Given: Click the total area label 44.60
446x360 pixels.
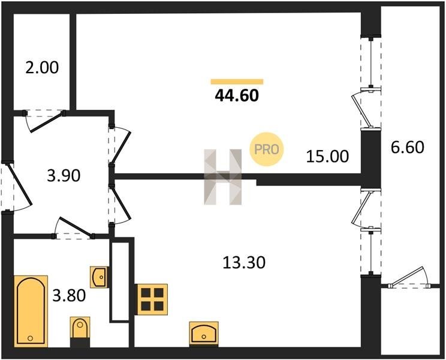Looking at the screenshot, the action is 237,95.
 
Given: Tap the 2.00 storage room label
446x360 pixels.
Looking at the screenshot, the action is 42,68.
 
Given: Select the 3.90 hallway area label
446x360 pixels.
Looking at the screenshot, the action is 64,176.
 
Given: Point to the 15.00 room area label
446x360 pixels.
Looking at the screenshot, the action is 327,157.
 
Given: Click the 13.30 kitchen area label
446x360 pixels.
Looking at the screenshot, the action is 244,262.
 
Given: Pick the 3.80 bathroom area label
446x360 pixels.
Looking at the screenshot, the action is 69,295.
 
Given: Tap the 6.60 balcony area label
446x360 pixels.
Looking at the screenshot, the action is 408,148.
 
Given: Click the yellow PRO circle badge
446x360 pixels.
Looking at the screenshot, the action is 267,149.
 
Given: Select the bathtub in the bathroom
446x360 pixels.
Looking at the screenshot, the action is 31,311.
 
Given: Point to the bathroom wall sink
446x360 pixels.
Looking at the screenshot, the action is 99,277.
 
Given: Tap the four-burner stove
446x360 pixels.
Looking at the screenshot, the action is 152,299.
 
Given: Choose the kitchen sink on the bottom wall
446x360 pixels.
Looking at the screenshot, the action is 204,333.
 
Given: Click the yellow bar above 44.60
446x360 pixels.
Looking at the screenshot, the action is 237,82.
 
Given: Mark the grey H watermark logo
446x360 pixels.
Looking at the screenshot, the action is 223,177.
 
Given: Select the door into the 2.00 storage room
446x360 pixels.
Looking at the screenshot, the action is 46,121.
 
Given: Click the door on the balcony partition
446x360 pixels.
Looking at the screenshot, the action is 409,277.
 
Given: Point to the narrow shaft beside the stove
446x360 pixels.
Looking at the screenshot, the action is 120,281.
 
